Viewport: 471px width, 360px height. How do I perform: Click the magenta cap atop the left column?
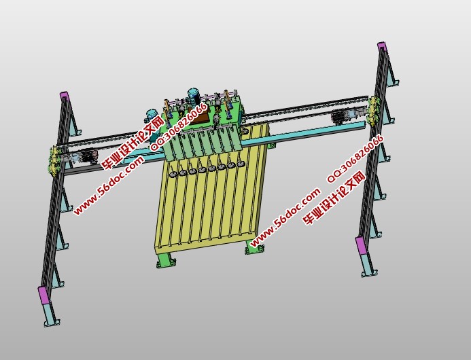click(65, 96)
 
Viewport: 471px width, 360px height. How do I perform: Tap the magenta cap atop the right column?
click(382, 46)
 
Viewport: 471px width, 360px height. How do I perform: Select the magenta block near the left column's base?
click(44, 295)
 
